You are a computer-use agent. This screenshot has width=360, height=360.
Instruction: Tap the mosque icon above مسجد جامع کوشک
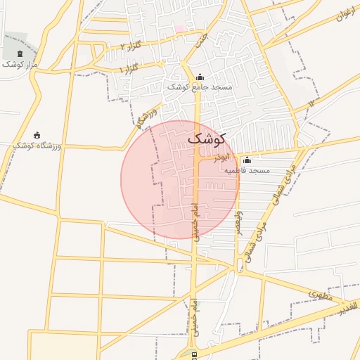coord(200,77)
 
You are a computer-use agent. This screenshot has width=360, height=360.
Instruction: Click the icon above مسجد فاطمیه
coord(247,160)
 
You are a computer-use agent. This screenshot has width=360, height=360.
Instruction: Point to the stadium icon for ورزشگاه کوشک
coord(37,135)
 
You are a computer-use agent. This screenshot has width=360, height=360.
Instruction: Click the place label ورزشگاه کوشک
coord(37,146)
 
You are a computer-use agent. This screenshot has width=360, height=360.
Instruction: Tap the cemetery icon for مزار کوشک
coord(19,53)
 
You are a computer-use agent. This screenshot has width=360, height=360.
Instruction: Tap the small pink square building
coord(180,29)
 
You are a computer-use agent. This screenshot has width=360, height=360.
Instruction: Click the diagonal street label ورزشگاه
coord(146,118)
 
